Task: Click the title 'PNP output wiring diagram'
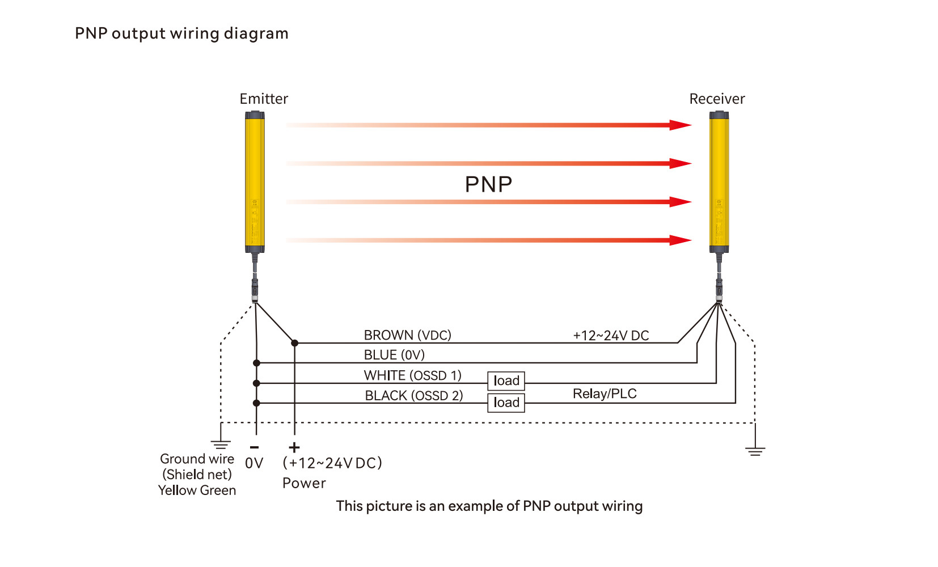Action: pos(181,33)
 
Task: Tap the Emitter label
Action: pos(264,99)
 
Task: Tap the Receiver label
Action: pos(717,99)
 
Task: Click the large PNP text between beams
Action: pos(488,184)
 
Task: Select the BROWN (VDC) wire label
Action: pos(407,335)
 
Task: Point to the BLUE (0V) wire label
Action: pos(394,355)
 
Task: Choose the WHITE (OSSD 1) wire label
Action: pos(412,375)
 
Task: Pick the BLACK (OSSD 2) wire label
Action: pos(413,396)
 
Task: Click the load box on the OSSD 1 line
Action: pos(506,380)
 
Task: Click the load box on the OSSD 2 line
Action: pos(506,403)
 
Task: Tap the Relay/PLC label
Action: pos(605,393)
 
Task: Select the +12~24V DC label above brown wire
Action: pos(611,335)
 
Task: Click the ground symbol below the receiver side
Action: pos(755,451)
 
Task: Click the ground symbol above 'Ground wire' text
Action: pos(221,444)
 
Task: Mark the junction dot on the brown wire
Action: pos(294,343)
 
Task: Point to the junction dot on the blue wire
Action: pos(256,363)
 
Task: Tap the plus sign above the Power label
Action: pos(294,447)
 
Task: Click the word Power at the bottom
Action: pos(304,483)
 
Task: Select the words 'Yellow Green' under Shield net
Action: pos(197,490)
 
